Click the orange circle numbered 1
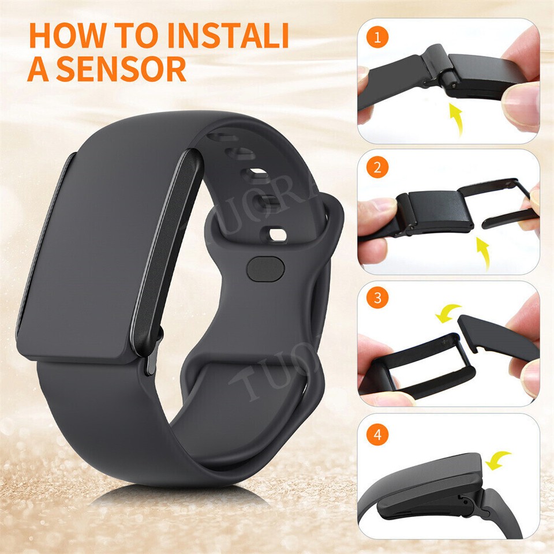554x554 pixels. tap(378, 39)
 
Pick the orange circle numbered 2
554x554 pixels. tap(378, 169)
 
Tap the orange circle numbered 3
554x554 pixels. tap(378, 299)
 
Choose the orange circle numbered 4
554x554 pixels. tap(378, 435)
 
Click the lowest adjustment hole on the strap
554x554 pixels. tap(276, 233)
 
